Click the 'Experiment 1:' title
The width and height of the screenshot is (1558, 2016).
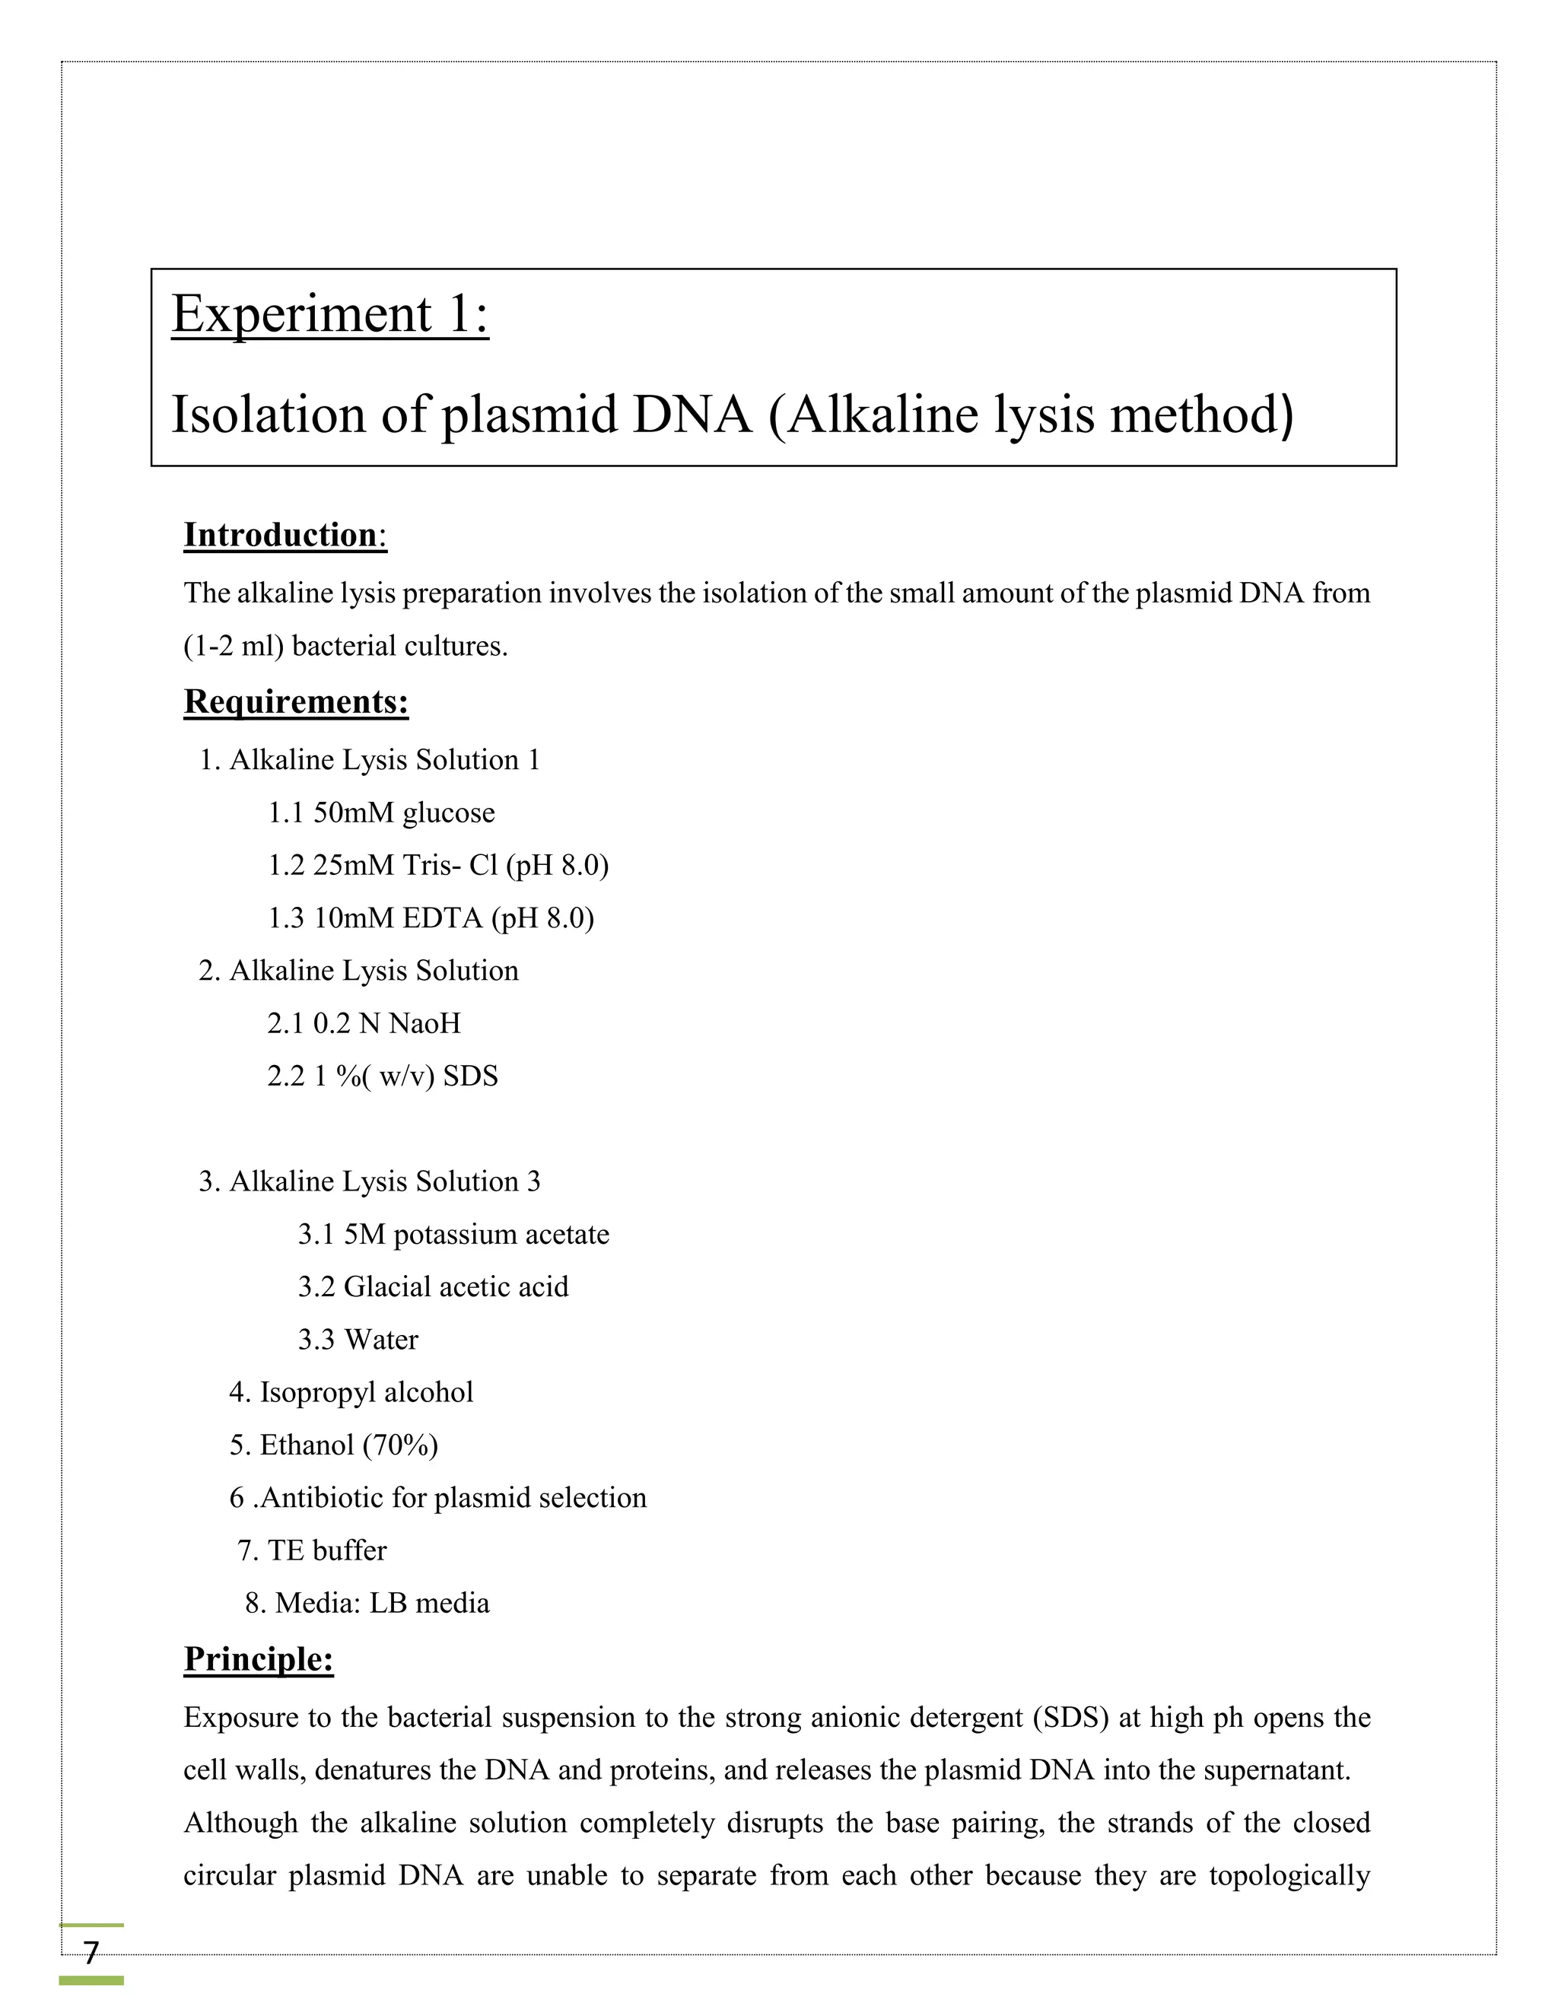tap(329, 314)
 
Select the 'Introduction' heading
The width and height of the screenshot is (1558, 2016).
tap(280, 536)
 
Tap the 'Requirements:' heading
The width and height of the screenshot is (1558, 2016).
tap(295, 702)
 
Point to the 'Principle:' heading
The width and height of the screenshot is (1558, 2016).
tap(259, 1658)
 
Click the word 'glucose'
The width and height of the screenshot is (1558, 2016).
tap(449, 813)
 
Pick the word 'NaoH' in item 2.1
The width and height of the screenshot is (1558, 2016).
tap(424, 1024)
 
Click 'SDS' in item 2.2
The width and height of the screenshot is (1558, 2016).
tap(470, 1076)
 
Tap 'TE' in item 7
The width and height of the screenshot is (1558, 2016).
tap(285, 1550)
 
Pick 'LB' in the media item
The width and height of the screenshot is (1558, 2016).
tap(388, 1602)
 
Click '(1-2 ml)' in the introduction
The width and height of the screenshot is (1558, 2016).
tap(234, 646)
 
